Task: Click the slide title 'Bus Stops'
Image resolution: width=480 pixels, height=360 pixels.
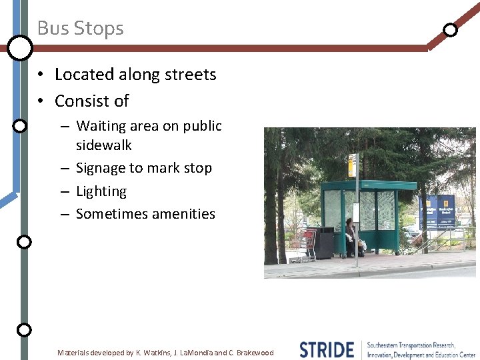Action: [80, 28]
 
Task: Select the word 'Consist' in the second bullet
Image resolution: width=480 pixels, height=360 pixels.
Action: [79, 101]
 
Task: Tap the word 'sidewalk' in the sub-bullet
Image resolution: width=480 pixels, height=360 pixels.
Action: [104, 145]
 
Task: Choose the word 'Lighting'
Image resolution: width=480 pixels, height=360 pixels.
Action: [101, 191]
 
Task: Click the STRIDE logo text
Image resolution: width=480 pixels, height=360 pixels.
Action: [327, 349]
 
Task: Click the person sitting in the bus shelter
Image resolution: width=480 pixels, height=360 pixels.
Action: [351, 237]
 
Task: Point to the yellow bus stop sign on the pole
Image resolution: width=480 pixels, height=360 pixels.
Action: [352, 165]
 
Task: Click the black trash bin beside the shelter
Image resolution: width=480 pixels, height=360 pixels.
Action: [324, 243]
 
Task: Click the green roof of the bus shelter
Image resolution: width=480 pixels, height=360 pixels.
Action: [368, 185]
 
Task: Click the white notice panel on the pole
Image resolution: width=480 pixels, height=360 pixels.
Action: [356, 212]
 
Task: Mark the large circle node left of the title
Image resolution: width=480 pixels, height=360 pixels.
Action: [20, 47]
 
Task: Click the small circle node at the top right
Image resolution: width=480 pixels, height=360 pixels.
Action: [451, 30]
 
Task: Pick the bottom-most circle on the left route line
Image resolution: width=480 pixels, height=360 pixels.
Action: [23, 329]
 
